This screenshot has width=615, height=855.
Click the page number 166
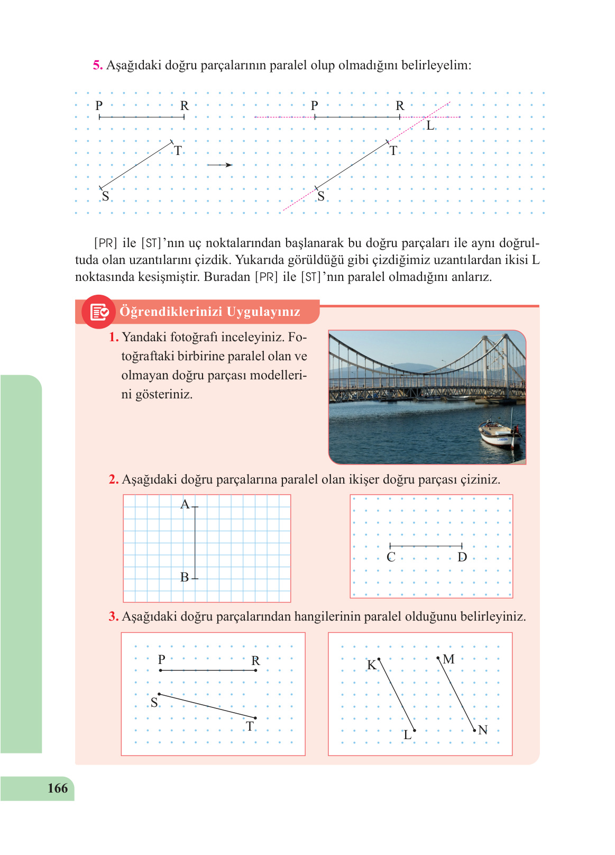click(58, 788)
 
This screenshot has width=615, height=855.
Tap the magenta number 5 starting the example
click(97, 66)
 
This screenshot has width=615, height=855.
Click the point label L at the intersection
click(430, 126)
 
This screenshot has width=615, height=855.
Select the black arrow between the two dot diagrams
click(219, 165)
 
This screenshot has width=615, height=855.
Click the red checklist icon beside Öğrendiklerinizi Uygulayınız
click(99, 312)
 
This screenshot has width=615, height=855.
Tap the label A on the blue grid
click(185, 504)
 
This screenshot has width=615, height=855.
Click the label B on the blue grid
click(185, 577)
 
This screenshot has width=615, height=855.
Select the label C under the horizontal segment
click(391, 557)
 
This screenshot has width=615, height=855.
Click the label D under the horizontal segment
click(462, 557)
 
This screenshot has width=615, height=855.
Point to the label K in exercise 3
click(371, 665)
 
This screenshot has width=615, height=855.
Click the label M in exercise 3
click(449, 659)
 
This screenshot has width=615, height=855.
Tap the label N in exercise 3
click(482, 730)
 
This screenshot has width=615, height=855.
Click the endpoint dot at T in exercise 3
click(255, 718)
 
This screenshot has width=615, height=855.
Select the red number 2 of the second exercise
click(113, 480)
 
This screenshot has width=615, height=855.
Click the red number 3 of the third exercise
click(113, 617)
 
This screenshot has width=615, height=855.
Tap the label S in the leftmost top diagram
click(105, 196)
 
